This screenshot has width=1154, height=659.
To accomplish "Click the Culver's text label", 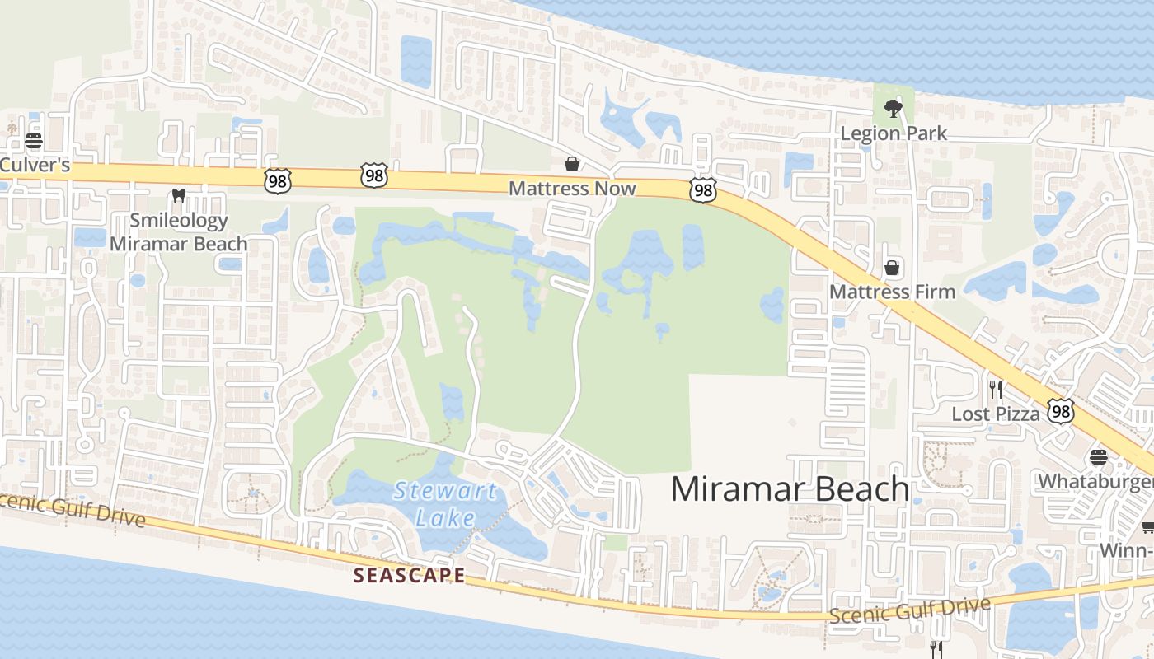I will [x=35, y=166].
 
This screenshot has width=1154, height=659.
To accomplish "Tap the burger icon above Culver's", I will [x=34, y=141].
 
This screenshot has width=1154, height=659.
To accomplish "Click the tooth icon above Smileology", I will [x=178, y=197].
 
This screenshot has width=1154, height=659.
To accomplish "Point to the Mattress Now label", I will [x=572, y=189].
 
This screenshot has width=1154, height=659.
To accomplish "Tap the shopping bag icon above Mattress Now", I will [x=571, y=164].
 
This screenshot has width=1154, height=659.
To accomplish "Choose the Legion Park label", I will [x=894, y=133].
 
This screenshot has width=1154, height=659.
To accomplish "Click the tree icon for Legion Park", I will [x=893, y=108].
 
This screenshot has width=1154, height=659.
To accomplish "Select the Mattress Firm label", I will [x=892, y=292].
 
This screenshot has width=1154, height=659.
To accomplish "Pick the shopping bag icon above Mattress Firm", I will [x=891, y=268].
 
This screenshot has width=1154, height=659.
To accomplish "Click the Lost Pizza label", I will [x=996, y=414].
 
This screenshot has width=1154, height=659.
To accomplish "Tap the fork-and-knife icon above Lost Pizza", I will [x=996, y=389].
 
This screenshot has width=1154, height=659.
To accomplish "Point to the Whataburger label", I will [x=1095, y=480].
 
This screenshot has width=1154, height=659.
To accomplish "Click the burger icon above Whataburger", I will [x=1098, y=456].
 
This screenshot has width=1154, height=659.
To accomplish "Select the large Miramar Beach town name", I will [x=790, y=488].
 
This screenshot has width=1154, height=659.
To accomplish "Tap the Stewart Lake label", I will [x=445, y=504].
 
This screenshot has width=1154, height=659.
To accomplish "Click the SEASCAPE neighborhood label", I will [x=409, y=575].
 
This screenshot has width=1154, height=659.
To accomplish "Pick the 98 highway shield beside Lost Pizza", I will [x=1061, y=410].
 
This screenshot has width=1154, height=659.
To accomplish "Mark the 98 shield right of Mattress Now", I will [x=703, y=191].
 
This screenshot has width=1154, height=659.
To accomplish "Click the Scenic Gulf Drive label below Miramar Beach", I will [x=909, y=611].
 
